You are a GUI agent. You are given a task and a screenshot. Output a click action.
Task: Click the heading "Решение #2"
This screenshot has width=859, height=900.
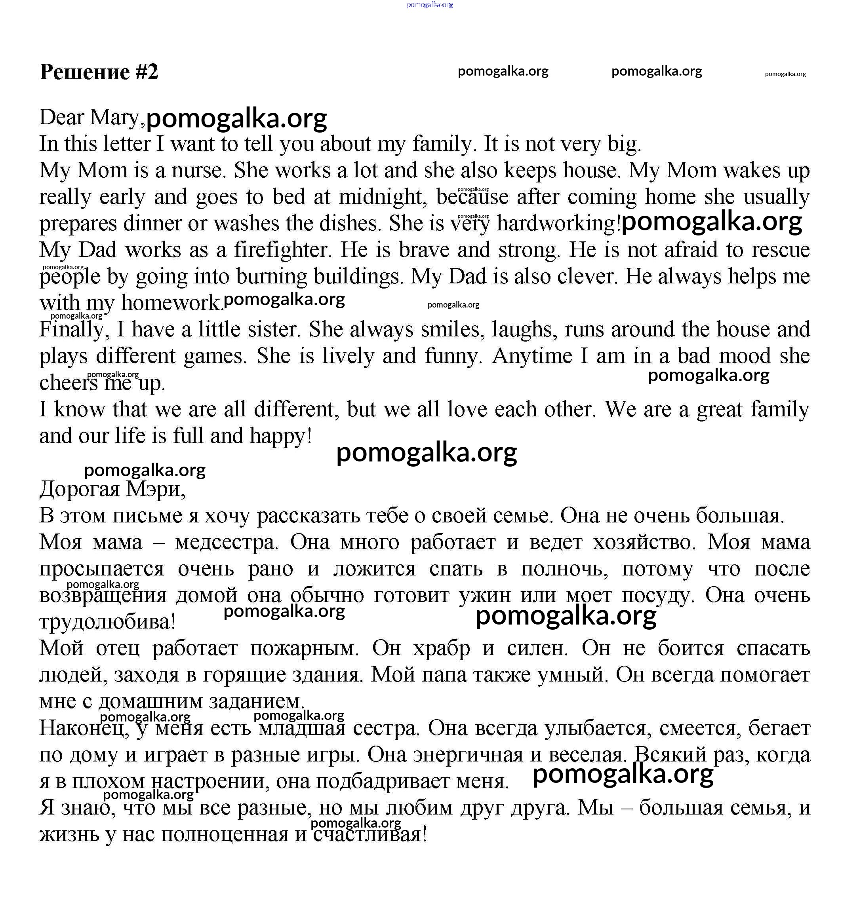pyautogui.click(x=99, y=72)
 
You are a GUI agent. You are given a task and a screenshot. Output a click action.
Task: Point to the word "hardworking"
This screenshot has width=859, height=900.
pyautogui.click(x=558, y=224)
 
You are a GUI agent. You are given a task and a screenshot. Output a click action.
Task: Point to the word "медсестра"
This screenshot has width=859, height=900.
pyautogui.click(x=227, y=542)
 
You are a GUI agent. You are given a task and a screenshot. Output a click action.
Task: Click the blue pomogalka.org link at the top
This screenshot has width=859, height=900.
pyautogui.click(x=429, y=5)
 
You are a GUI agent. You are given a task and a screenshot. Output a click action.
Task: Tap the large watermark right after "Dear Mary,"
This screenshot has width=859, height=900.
pyautogui.click(x=237, y=118)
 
